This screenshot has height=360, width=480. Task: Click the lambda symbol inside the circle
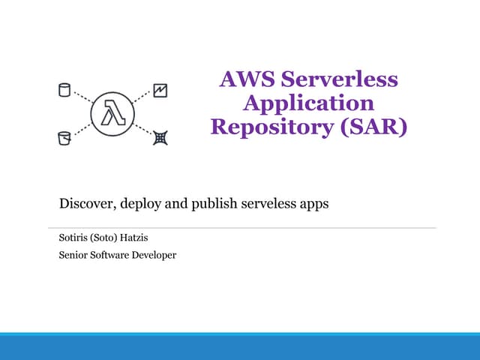click(x=113, y=112)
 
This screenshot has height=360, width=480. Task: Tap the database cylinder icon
click(x=64, y=90)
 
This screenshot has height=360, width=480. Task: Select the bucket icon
click(x=64, y=138)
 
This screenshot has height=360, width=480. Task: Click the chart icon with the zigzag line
click(x=160, y=91)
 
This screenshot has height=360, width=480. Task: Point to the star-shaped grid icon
click(x=160, y=138)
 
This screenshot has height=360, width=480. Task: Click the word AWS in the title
click(x=247, y=79)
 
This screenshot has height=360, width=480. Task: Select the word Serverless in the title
click(x=340, y=79)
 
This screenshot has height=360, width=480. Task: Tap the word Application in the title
click(x=308, y=104)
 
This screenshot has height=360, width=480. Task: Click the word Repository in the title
click(x=272, y=127)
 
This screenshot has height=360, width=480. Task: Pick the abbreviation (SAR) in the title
click(x=373, y=127)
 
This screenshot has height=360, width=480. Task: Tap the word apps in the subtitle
click(x=314, y=205)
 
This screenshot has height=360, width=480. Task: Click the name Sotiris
click(x=73, y=238)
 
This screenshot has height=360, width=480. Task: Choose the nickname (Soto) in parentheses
click(x=103, y=238)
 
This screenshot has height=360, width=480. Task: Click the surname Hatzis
click(x=133, y=238)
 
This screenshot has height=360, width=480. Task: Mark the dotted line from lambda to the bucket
click(x=82, y=129)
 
